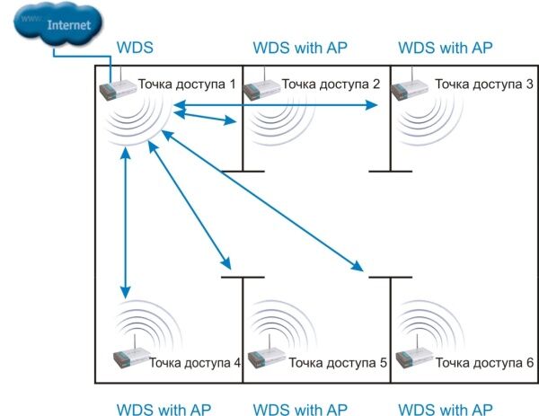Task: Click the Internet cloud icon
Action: point(57,23)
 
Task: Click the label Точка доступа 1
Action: point(187,84)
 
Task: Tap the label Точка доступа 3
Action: point(484,84)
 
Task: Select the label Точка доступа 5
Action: point(338,362)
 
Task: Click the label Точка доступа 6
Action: point(485,362)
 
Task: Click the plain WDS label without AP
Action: point(135,48)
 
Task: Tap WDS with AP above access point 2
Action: point(300,48)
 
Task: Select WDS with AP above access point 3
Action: point(446,48)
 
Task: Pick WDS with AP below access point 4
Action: point(163,409)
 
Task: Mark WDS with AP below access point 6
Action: point(446,409)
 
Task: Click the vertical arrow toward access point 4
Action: point(126,223)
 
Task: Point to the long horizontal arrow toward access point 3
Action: point(276,105)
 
